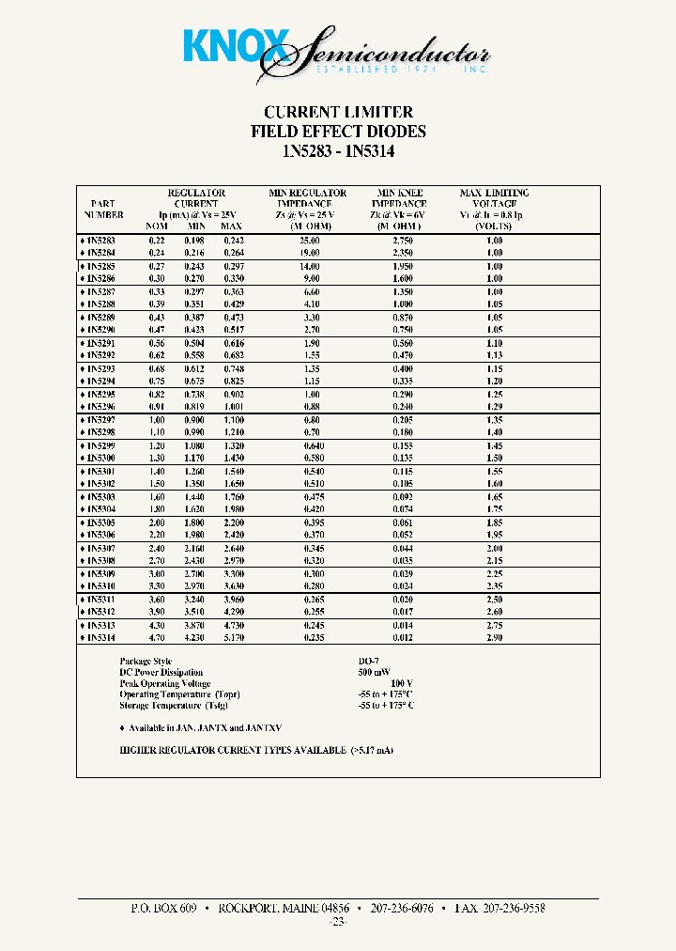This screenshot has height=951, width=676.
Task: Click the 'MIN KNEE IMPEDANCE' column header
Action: (398, 204)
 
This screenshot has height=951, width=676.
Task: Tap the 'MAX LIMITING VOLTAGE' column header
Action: (494, 204)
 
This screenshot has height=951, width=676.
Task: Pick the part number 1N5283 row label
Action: (100, 241)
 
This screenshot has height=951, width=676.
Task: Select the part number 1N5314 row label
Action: (100, 638)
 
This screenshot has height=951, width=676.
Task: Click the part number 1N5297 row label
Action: (100, 419)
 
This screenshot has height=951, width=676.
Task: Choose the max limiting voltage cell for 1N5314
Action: (494, 638)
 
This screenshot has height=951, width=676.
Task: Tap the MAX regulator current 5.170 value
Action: (231, 638)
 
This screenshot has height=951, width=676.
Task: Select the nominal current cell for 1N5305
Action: (156, 522)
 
